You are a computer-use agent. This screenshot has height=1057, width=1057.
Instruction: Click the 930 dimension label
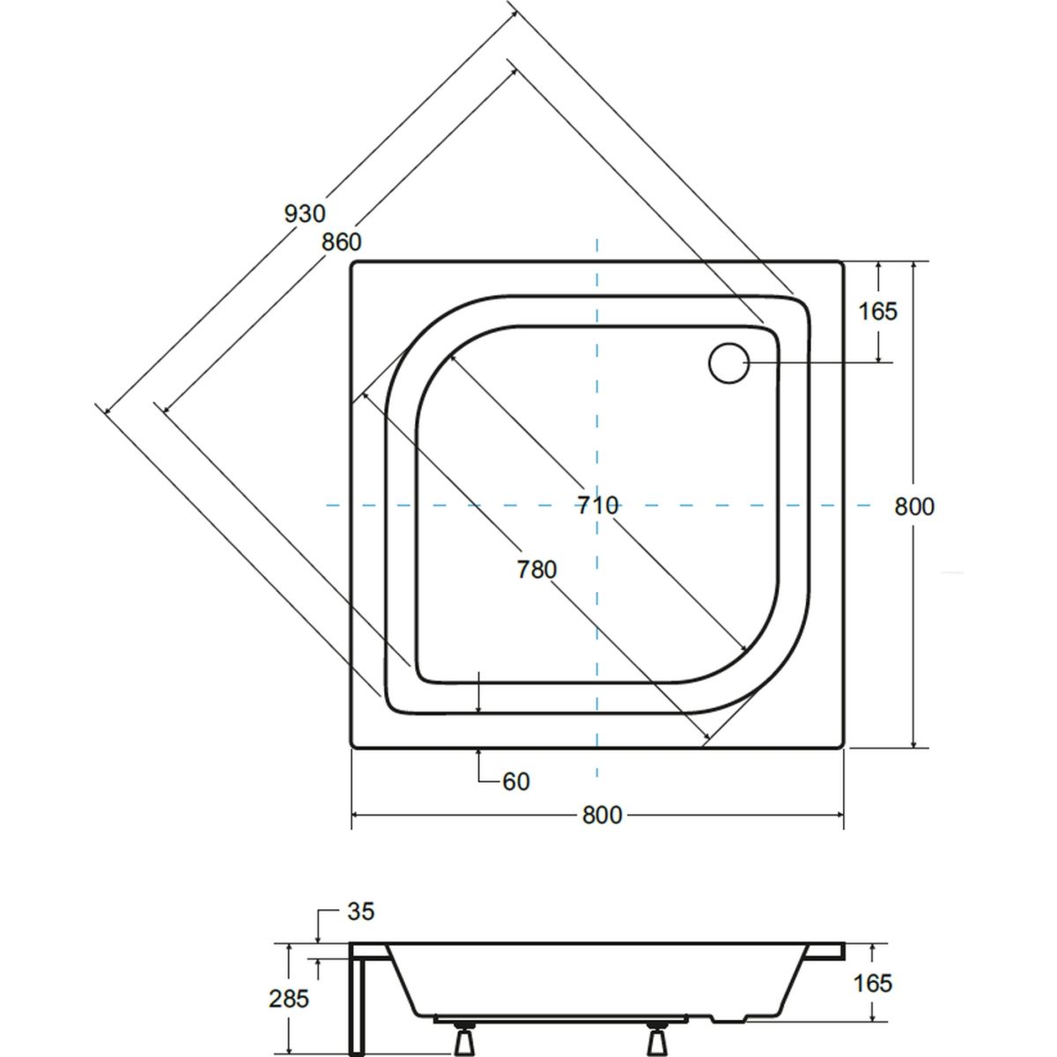305,213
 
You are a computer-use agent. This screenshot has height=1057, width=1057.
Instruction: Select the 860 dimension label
342,242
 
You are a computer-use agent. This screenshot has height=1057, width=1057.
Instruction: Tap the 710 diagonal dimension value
598,506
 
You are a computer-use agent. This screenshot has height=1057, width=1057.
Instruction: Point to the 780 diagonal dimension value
537,569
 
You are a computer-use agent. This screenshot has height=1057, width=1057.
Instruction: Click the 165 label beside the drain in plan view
877,312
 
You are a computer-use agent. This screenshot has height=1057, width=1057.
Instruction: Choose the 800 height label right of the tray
914,506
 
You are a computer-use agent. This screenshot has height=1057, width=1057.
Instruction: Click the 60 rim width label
516,781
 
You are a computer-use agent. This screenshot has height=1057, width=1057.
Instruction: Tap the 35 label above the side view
361,911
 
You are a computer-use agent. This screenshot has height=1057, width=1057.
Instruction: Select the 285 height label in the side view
289,984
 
